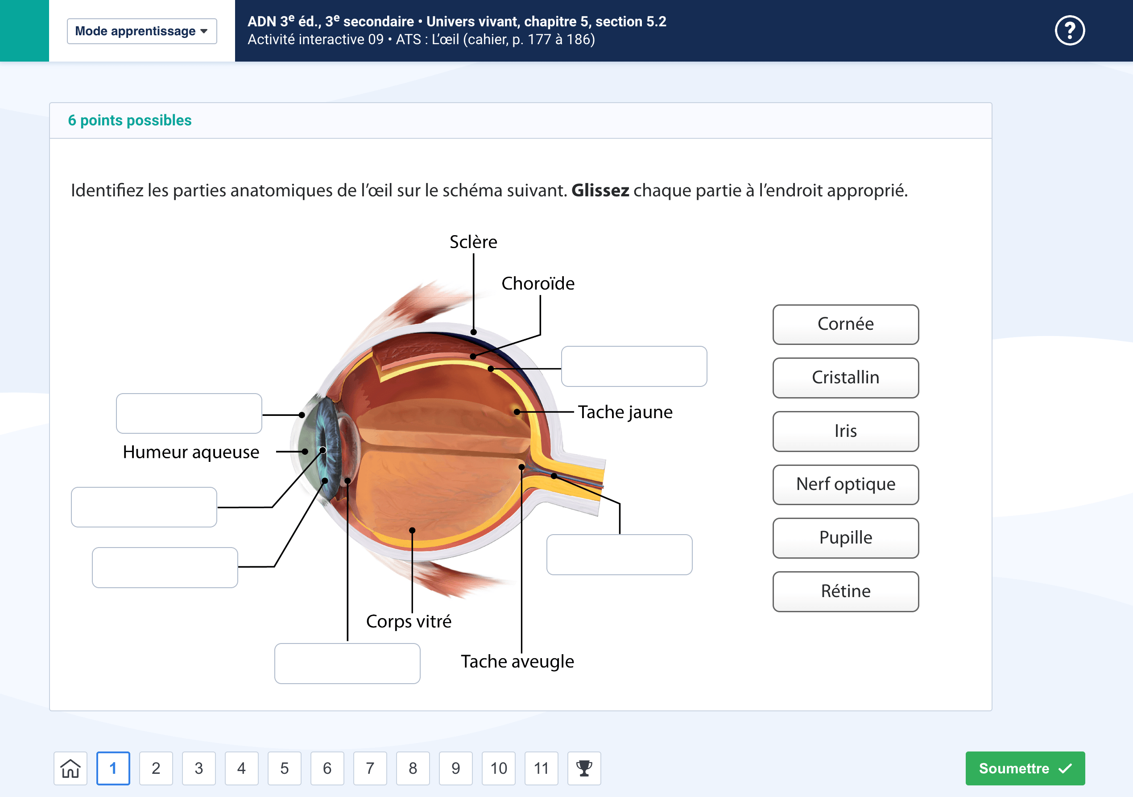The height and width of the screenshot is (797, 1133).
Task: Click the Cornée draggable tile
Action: [845, 324]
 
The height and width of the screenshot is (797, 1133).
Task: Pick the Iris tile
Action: [845, 431]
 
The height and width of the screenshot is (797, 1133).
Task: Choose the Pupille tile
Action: [845, 538]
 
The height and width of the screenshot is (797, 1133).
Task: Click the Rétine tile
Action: [845, 591]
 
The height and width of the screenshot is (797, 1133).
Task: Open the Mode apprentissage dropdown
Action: [142, 31]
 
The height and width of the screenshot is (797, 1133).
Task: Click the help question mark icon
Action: [1069, 31]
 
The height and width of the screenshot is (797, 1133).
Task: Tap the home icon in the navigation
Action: [70, 768]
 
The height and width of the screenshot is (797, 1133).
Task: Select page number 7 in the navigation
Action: [370, 768]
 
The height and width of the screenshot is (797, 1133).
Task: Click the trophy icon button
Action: [584, 768]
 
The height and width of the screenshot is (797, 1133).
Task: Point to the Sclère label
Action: [473, 242]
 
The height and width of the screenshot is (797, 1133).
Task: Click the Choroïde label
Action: [538, 283]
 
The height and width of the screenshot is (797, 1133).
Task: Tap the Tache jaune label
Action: [625, 412]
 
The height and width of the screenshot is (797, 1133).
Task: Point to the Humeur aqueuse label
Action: [191, 452]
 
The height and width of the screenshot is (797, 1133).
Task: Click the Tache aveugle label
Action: [517, 661]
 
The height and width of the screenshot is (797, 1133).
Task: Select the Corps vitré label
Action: [409, 621]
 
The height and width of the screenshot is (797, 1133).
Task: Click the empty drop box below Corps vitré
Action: [347, 663]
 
